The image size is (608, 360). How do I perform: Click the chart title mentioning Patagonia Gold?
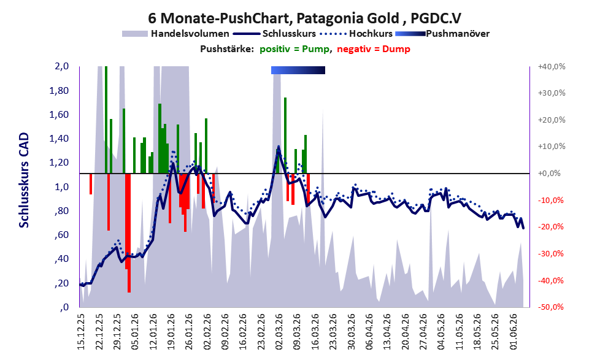[x=304, y=18]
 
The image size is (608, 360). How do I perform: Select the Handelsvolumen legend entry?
[x=175, y=34]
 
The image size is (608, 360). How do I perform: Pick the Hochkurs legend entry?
[x=356, y=34]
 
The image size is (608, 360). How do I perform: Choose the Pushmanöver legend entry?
[x=442, y=34]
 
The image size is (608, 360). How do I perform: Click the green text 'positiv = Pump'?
[x=294, y=49]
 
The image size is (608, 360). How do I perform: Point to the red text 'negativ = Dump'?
[x=374, y=49]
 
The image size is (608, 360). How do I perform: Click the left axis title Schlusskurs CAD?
[x=24, y=180]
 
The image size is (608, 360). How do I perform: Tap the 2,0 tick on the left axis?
[x=61, y=66]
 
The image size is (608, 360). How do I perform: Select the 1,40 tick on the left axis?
[x=59, y=139]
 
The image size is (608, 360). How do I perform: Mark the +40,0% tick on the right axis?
[x=552, y=67]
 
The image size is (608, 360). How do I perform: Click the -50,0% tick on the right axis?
[x=550, y=307]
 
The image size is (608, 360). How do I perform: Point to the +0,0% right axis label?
[x=549, y=173]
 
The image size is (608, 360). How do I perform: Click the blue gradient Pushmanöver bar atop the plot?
[x=298, y=70]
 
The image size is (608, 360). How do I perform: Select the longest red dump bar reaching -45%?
[x=129, y=233]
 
